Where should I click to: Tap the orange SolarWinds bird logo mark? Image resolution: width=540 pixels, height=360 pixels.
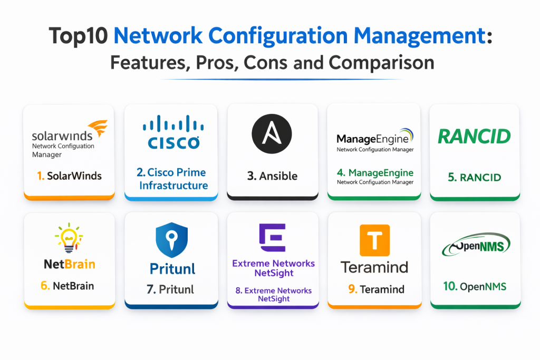(97, 129)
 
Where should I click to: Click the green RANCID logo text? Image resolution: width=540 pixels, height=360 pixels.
(474, 137)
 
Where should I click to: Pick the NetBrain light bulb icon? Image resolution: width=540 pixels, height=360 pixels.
(69, 240)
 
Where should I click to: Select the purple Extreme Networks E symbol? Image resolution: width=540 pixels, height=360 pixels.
(273, 238)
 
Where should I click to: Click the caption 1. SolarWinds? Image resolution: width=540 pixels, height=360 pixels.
(70, 176)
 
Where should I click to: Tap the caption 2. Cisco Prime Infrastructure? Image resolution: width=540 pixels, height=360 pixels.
(171, 179)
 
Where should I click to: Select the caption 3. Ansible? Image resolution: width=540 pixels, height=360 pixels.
(272, 177)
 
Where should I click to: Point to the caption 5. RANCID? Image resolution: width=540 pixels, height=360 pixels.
(474, 177)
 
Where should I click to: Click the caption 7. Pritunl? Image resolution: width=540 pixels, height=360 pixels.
(170, 289)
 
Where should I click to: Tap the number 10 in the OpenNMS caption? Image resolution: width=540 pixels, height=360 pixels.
(450, 287)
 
